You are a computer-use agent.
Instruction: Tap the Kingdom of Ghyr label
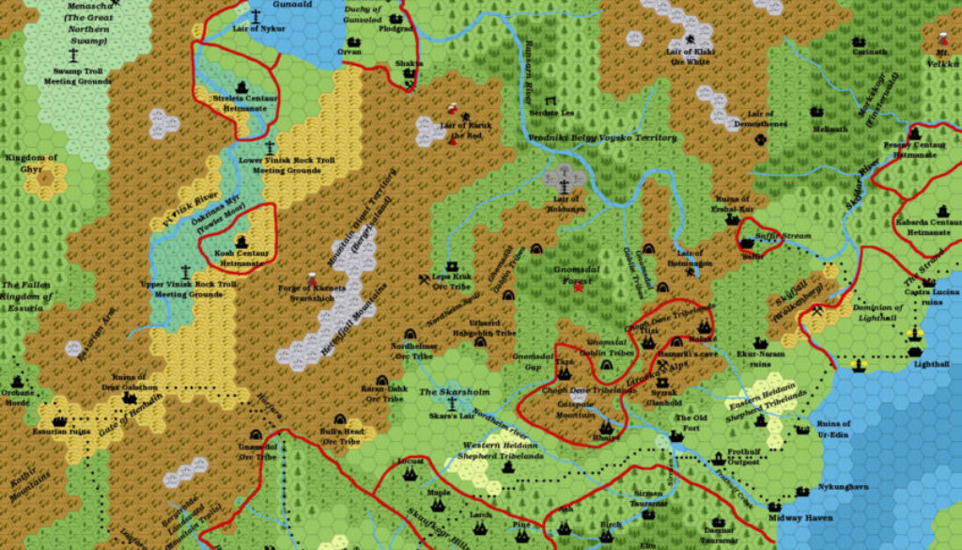coord(32,163)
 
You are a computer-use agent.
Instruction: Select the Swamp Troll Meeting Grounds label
coord(71,75)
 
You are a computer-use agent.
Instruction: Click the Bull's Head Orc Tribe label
coord(341,435)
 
